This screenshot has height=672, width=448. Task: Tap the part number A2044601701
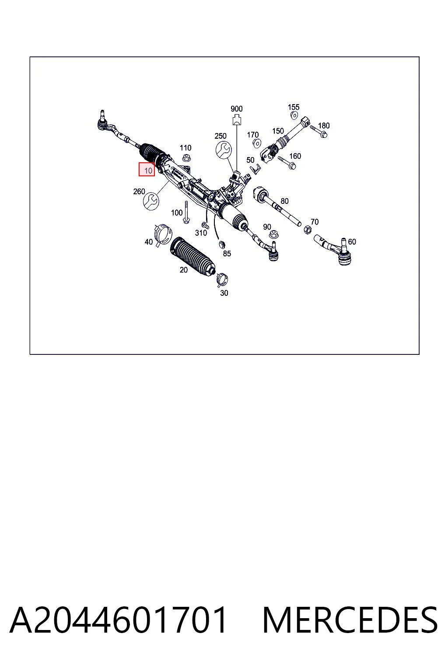click(118, 620)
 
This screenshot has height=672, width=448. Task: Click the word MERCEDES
click(350, 620)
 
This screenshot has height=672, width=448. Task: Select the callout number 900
click(236, 108)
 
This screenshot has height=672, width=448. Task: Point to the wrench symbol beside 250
click(224, 150)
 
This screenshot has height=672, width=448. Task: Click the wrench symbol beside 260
click(151, 201)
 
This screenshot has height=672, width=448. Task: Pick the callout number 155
click(294, 107)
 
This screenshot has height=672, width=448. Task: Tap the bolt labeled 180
click(318, 131)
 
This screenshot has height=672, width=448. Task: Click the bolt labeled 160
click(287, 162)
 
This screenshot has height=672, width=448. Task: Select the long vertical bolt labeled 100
click(186, 212)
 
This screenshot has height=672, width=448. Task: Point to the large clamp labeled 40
click(163, 234)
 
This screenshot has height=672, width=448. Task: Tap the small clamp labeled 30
click(222, 280)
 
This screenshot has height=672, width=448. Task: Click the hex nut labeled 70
click(307, 230)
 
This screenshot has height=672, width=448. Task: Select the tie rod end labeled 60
click(334, 250)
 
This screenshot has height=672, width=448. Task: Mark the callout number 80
click(284, 201)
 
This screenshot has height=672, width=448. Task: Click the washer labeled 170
click(256, 143)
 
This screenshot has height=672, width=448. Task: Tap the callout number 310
click(201, 233)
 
